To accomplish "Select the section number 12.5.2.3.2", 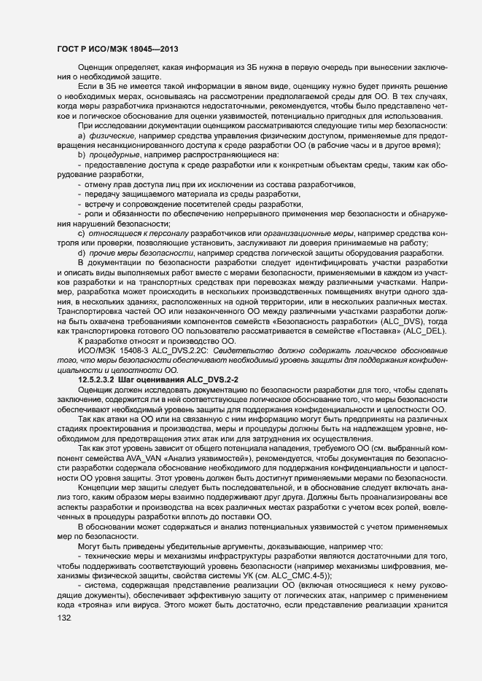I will click(102, 379).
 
